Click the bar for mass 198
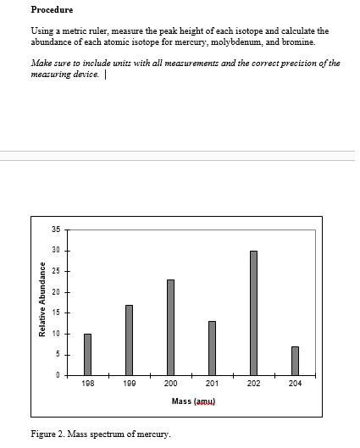(87, 354)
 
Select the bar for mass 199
(129, 340)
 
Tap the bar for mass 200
(170, 327)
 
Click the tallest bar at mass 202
(253, 312)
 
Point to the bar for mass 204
(295, 360)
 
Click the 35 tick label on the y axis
(56, 230)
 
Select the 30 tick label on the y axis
(56, 251)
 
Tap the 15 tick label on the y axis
(56, 312)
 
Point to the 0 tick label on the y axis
(58, 375)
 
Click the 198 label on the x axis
(87, 384)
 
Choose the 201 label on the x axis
(212, 384)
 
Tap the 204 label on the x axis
(295, 384)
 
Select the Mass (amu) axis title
(194, 401)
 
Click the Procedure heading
(52, 10)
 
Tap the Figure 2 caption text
(100, 434)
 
